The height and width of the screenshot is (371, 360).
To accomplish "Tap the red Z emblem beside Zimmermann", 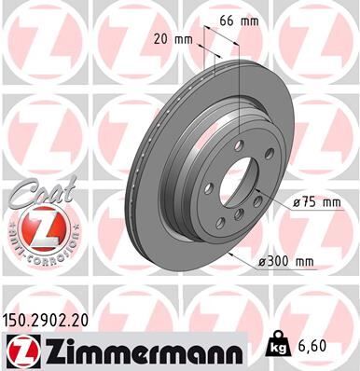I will (x=20, y=350).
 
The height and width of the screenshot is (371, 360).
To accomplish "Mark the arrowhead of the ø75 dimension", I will (x=265, y=191).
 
